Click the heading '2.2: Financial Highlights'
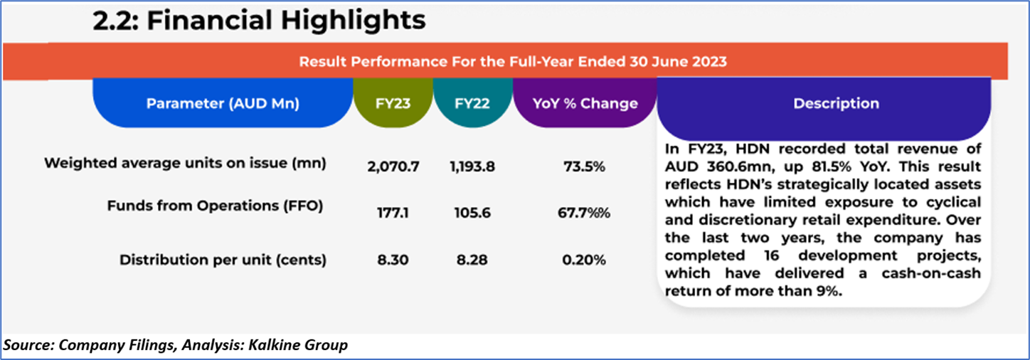click(x=259, y=20)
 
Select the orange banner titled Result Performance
click(x=512, y=61)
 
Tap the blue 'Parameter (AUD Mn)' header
click(x=223, y=103)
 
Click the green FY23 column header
click(x=393, y=103)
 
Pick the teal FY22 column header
click(x=472, y=103)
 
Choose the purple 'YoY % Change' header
click(x=585, y=103)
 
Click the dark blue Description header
click(x=836, y=103)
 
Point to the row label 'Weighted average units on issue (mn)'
click(x=185, y=163)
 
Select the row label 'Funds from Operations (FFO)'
click(x=216, y=206)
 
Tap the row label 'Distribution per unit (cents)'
click(x=223, y=260)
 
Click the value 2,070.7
click(x=393, y=167)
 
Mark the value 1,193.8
click(x=472, y=167)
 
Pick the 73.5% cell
click(x=584, y=167)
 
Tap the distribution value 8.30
click(x=393, y=260)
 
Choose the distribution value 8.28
click(x=472, y=260)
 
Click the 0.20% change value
click(x=584, y=260)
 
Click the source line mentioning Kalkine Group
click(x=176, y=346)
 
